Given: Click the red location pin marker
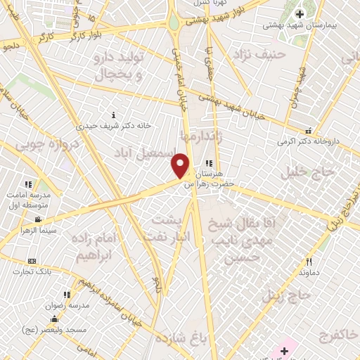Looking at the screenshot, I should point(181,165).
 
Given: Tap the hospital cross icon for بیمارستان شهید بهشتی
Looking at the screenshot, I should point(300,13).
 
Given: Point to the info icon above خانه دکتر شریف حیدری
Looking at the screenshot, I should point(114,115).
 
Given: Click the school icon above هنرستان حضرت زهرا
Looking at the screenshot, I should point(208,164).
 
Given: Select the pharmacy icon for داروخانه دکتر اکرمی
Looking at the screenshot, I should point(308,130).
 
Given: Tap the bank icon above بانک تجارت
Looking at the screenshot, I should point(32,261).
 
